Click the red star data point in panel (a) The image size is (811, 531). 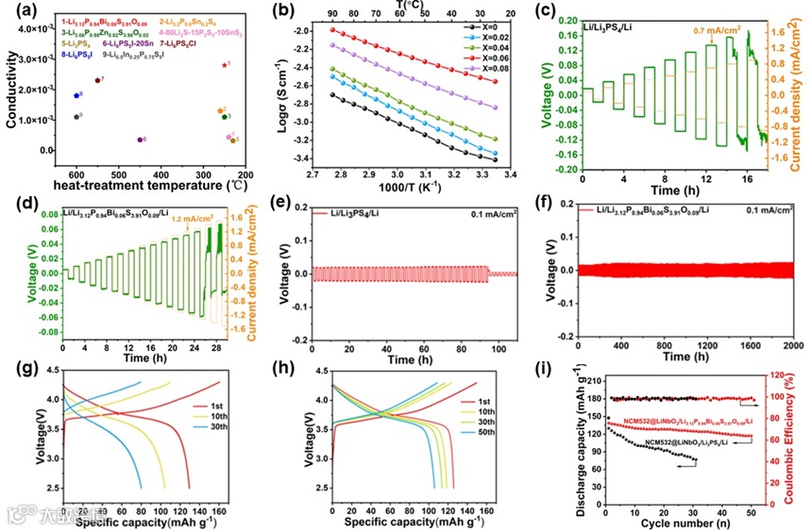point(224,65)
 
